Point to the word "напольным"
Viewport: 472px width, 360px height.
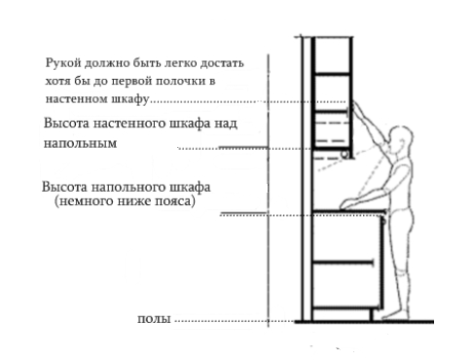[80, 143]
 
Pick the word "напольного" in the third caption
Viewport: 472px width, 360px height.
[128, 188]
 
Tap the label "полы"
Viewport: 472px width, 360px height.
[154, 319]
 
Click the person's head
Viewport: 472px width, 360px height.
[401, 139]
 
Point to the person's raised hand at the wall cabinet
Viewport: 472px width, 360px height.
[355, 105]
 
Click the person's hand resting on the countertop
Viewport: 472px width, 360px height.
[345, 204]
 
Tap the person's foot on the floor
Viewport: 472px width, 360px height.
[395, 314]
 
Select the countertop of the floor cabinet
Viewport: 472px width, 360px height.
[349, 212]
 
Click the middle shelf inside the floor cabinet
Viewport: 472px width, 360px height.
[343, 262]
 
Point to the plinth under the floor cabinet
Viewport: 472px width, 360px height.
[343, 314]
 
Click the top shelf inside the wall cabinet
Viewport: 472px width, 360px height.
[332, 75]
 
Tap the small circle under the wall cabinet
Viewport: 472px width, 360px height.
[345, 155]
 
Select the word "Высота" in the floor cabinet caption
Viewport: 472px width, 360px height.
[64, 188]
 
